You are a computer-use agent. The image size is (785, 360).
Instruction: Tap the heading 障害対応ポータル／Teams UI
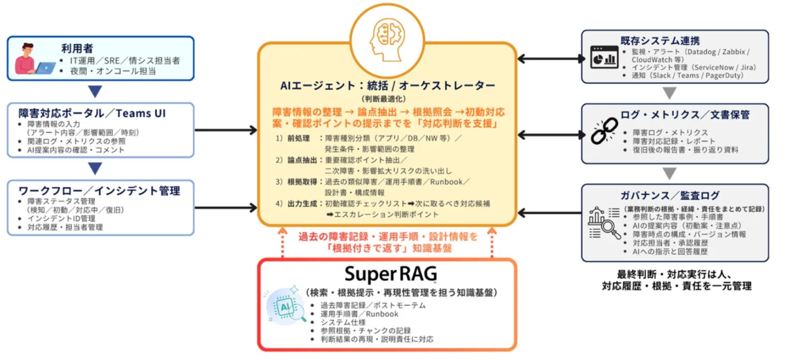[x=92, y=113]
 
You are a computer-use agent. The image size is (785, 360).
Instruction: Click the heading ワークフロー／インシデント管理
[x=99, y=190]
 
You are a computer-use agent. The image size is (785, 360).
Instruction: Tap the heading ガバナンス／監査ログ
[x=668, y=196]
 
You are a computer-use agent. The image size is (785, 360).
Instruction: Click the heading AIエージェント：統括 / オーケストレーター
[x=387, y=86]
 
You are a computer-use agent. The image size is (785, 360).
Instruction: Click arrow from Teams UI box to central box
[x=225, y=130]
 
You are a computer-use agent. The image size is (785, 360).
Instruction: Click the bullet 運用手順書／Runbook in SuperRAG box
[x=359, y=314]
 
